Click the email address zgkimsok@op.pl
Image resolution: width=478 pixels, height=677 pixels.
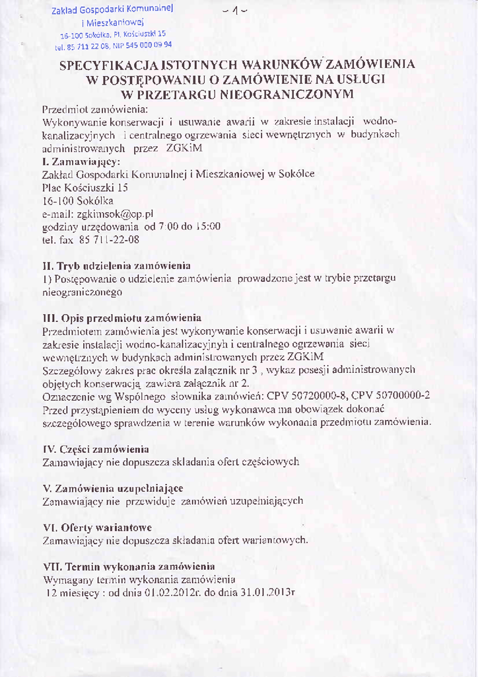tap(115, 214)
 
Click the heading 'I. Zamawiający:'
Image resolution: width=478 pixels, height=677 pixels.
tap(81, 161)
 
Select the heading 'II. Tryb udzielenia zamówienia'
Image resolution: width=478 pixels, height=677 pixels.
tap(116, 266)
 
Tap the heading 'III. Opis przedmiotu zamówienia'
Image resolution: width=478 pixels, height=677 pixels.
tap(121, 318)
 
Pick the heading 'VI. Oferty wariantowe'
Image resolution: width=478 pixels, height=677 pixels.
tap(97, 528)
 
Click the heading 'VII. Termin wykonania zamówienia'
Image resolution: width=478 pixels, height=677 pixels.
tap(129, 567)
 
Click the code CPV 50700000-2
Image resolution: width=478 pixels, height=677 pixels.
tap(391, 395)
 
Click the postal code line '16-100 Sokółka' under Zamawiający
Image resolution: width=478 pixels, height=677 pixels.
tap(77, 201)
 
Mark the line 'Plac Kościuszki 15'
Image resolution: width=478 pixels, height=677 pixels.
tap(85, 188)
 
